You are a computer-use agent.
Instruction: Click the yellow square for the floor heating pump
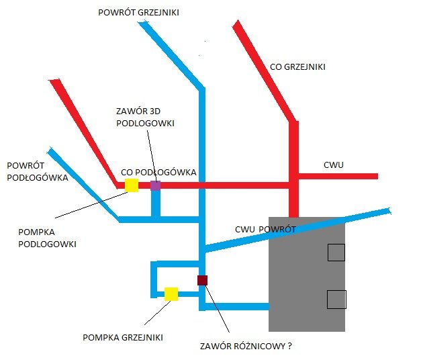pyautogui.click(x=132, y=185)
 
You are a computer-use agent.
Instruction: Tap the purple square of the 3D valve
pyautogui.click(x=155, y=185)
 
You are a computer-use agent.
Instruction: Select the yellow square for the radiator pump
pyautogui.click(x=171, y=294)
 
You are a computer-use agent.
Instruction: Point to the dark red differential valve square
pyautogui.click(x=202, y=280)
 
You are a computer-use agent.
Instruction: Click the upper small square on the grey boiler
pyautogui.click(x=336, y=253)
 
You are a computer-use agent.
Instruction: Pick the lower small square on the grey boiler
pyautogui.click(x=336, y=299)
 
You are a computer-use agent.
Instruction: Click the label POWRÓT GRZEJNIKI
pyautogui.click(x=138, y=13)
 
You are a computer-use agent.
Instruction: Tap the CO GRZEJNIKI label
pyautogui.click(x=297, y=67)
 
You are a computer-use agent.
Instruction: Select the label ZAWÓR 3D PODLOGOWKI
pyautogui.click(x=145, y=118)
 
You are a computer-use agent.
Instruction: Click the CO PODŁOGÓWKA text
pyautogui.click(x=158, y=172)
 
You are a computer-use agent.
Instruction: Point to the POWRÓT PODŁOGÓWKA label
pyautogui.click(x=37, y=171)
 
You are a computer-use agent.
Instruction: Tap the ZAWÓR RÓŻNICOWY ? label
pyautogui.click(x=246, y=347)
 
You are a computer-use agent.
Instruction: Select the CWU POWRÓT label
pyautogui.click(x=266, y=229)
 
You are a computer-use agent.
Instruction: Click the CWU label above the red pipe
pyautogui.click(x=334, y=165)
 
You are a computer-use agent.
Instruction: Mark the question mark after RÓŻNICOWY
pyautogui.click(x=290, y=347)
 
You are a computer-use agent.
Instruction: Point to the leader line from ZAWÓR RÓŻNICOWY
pyautogui.click(x=217, y=308)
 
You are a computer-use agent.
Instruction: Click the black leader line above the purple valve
pyautogui.click(x=150, y=154)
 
